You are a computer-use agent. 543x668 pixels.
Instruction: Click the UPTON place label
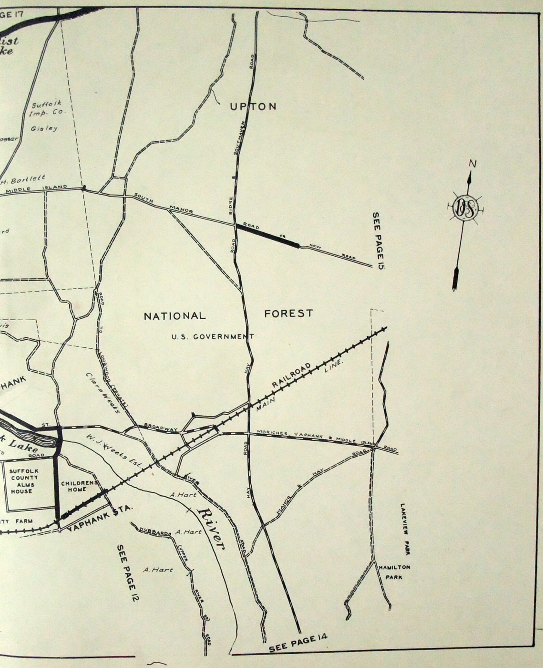(x=253, y=107)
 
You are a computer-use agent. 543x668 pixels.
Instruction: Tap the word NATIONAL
(x=175, y=316)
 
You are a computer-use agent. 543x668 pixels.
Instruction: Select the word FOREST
(x=289, y=313)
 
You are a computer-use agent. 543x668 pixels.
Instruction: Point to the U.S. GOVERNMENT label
(x=212, y=337)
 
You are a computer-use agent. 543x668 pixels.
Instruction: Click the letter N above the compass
(x=473, y=164)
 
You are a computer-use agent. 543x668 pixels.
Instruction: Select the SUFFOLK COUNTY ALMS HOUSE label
(x=28, y=481)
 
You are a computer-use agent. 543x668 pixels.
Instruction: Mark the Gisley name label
(x=44, y=129)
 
